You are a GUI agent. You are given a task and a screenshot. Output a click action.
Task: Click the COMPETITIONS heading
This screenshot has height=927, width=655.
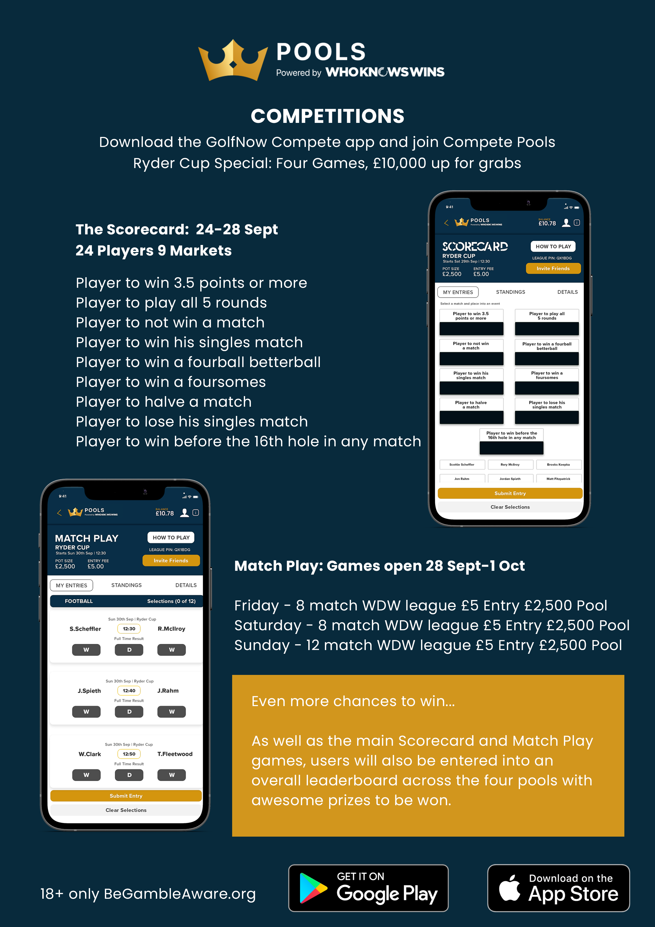[327, 116]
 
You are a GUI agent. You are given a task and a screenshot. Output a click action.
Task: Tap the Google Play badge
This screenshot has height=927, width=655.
[368, 888]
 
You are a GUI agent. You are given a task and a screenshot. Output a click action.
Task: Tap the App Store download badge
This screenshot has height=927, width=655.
[558, 888]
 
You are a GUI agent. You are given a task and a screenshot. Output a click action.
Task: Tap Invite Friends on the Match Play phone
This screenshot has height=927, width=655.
[171, 560]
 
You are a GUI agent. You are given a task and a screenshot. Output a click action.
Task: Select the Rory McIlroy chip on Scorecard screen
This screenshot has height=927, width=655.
[510, 465]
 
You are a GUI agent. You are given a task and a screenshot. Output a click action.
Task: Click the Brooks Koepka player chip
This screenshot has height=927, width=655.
[558, 465]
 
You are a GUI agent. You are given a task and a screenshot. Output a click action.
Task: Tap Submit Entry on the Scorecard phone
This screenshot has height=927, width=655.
[510, 493]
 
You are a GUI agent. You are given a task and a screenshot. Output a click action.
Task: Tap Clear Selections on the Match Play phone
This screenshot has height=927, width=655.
[126, 810]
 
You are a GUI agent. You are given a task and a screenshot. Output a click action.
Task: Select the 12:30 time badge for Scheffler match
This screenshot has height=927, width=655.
[129, 629]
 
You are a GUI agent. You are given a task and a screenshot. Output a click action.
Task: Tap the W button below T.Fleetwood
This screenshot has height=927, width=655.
[171, 775]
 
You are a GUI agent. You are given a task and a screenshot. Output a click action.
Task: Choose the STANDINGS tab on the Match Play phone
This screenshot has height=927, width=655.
[126, 585]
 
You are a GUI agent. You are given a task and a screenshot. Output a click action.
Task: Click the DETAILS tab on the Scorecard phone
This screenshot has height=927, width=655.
[567, 292]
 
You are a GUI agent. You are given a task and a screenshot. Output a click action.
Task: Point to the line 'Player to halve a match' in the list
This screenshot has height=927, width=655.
[163, 402]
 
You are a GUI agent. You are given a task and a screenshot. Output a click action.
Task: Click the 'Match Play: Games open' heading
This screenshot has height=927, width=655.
[379, 566]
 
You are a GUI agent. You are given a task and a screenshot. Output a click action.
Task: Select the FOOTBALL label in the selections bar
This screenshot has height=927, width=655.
[79, 601]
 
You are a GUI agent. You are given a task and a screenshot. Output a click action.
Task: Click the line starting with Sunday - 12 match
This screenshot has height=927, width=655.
[428, 645]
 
